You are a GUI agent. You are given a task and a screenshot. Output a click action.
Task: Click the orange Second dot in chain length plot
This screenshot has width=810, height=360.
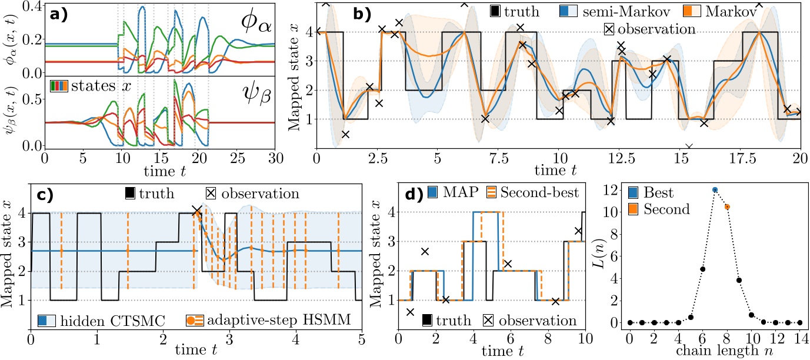click(x=727, y=206)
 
